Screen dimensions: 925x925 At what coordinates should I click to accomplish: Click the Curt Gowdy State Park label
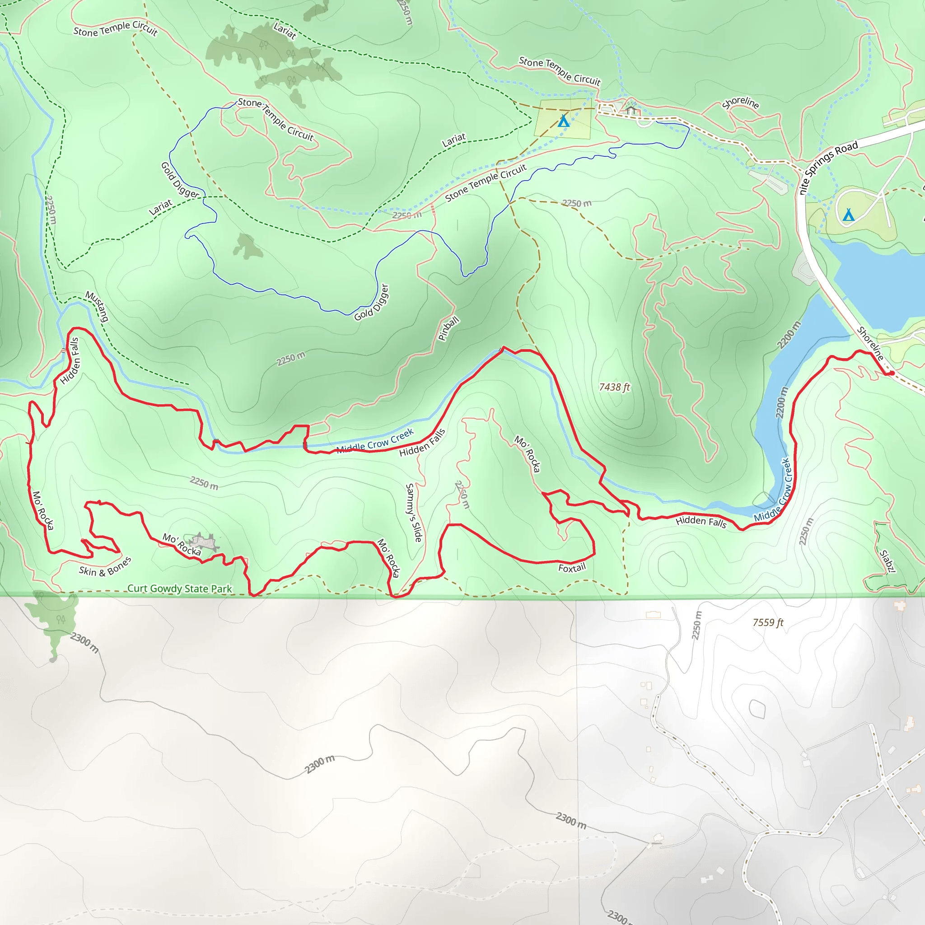180,589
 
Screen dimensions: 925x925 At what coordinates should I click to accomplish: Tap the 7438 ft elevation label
614,387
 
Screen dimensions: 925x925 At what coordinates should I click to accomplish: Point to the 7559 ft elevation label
768,622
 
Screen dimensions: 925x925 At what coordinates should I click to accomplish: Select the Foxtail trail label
572,568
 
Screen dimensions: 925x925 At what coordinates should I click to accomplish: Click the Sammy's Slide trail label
414,512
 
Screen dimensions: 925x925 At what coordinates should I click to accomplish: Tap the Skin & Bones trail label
105,567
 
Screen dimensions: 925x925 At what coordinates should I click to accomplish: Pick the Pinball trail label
448,328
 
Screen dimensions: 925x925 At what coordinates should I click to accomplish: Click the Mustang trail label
97,306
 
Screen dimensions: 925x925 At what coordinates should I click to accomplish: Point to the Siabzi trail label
887,561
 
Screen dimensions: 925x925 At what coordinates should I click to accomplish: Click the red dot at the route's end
892,373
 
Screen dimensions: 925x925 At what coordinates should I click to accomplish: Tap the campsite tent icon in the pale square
564,121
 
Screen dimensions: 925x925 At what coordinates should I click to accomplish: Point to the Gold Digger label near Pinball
372,303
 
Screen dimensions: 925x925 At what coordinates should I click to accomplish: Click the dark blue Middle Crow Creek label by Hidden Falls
375,441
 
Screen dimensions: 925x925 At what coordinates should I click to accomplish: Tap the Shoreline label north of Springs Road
740,103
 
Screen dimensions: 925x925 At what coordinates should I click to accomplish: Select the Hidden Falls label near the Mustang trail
70,360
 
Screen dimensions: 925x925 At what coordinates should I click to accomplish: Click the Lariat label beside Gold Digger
160,207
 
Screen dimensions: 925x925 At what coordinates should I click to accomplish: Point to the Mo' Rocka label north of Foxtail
528,453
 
